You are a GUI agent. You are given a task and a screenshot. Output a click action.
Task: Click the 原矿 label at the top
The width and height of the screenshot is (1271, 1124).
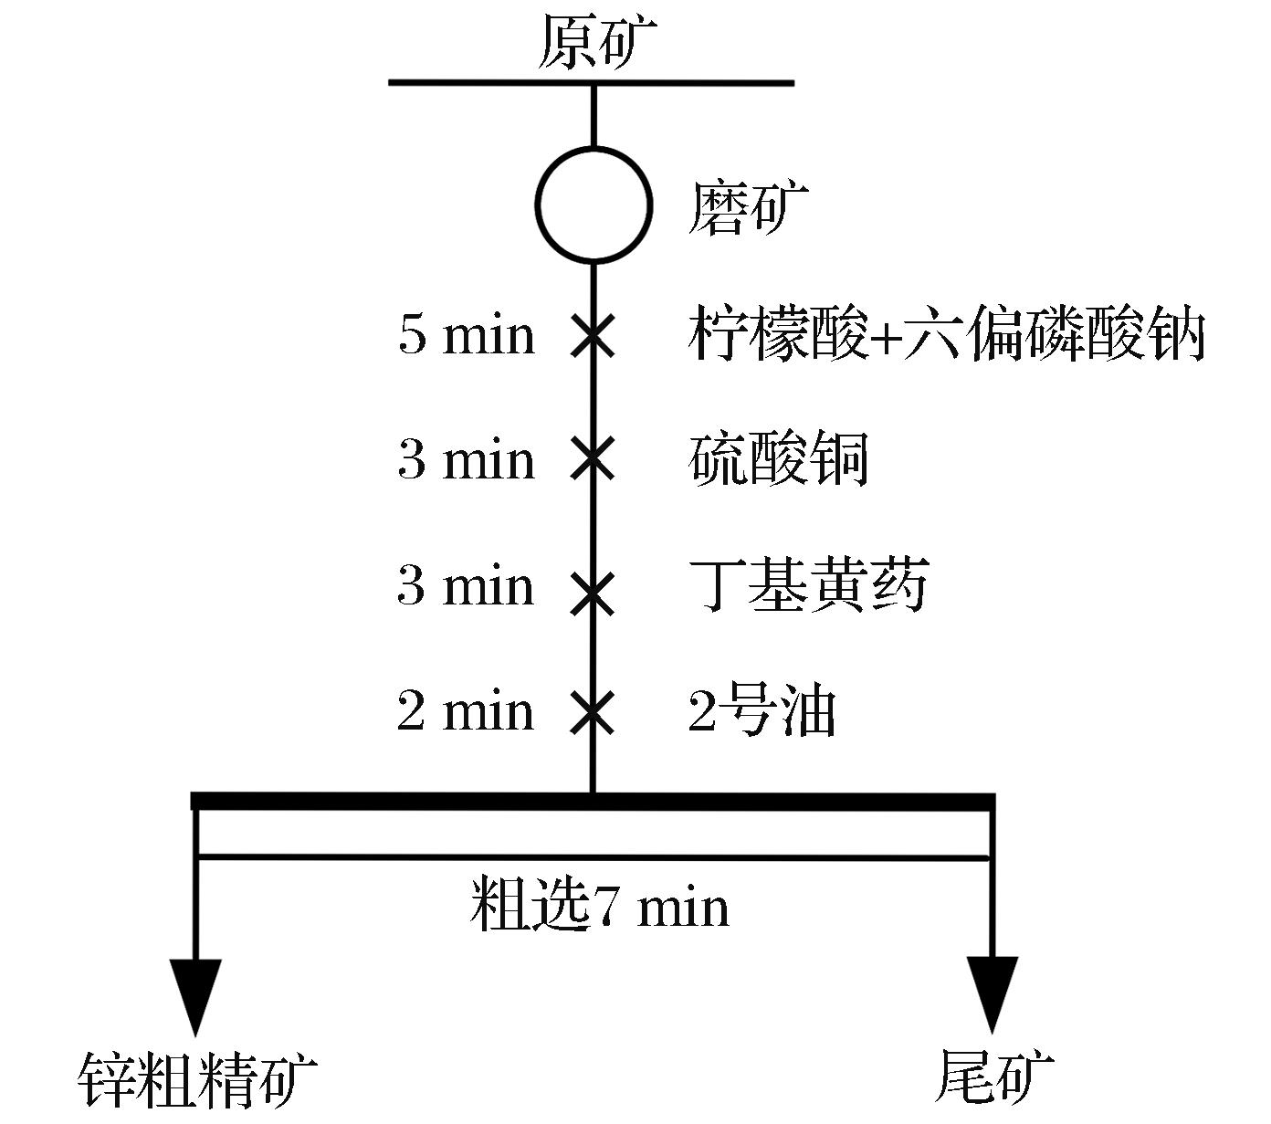[596, 43]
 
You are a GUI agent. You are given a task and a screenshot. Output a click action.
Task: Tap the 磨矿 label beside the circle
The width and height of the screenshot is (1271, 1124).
[748, 208]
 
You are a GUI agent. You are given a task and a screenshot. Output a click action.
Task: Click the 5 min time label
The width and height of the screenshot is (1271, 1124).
[466, 335]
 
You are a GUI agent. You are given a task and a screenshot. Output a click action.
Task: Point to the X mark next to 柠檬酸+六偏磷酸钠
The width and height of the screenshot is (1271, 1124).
[593, 336]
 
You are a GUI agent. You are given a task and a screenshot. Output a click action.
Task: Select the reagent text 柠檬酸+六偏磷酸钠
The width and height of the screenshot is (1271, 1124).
[946, 333]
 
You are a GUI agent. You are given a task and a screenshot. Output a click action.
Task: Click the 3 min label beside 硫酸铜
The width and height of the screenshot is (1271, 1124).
[466, 460]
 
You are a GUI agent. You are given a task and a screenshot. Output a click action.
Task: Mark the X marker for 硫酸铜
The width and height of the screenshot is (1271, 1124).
[593, 460]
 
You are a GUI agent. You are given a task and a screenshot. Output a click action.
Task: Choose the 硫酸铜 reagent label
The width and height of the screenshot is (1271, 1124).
[778, 459]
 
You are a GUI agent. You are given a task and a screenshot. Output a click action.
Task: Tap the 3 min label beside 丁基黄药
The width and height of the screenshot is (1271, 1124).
[466, 586]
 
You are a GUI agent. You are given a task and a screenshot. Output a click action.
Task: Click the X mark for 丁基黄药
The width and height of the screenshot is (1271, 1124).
[593, 592]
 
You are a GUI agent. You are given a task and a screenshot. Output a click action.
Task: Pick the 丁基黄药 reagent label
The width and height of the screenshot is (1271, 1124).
[808, 585]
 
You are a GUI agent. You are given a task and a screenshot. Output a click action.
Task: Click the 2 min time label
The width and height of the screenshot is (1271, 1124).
[466, 711]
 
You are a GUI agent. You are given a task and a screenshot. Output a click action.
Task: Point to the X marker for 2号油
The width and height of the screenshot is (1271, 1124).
[593, 712]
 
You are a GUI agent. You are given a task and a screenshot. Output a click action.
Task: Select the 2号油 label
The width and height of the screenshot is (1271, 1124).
[762, 710]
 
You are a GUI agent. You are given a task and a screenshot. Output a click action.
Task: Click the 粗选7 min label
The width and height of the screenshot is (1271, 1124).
[600, 908]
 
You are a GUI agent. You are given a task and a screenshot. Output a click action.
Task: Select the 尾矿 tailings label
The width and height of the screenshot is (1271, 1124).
[993, 1077]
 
